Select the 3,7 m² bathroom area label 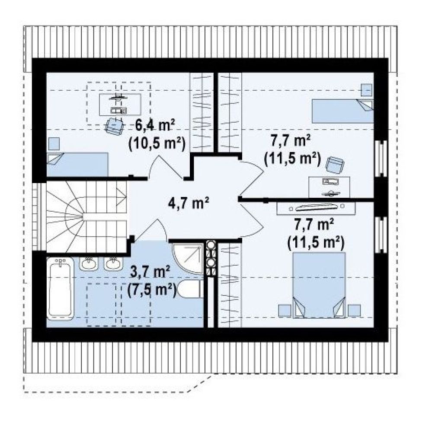[x=149, y=273]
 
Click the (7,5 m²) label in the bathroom [x=152, y=289]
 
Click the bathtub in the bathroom [x=61, y=289]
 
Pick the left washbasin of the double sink [x=89, y=263]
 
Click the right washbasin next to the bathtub [x=113, y=263]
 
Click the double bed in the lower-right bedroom [x=319, y=285]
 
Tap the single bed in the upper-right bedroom [x=342, y=111]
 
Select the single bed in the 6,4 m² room [x=77, y=165]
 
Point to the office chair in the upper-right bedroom [x=335, y=165]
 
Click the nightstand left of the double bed [x=285, y=311]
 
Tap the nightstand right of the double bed [x=354, y=311]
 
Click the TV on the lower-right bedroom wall [x=316, y=206]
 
